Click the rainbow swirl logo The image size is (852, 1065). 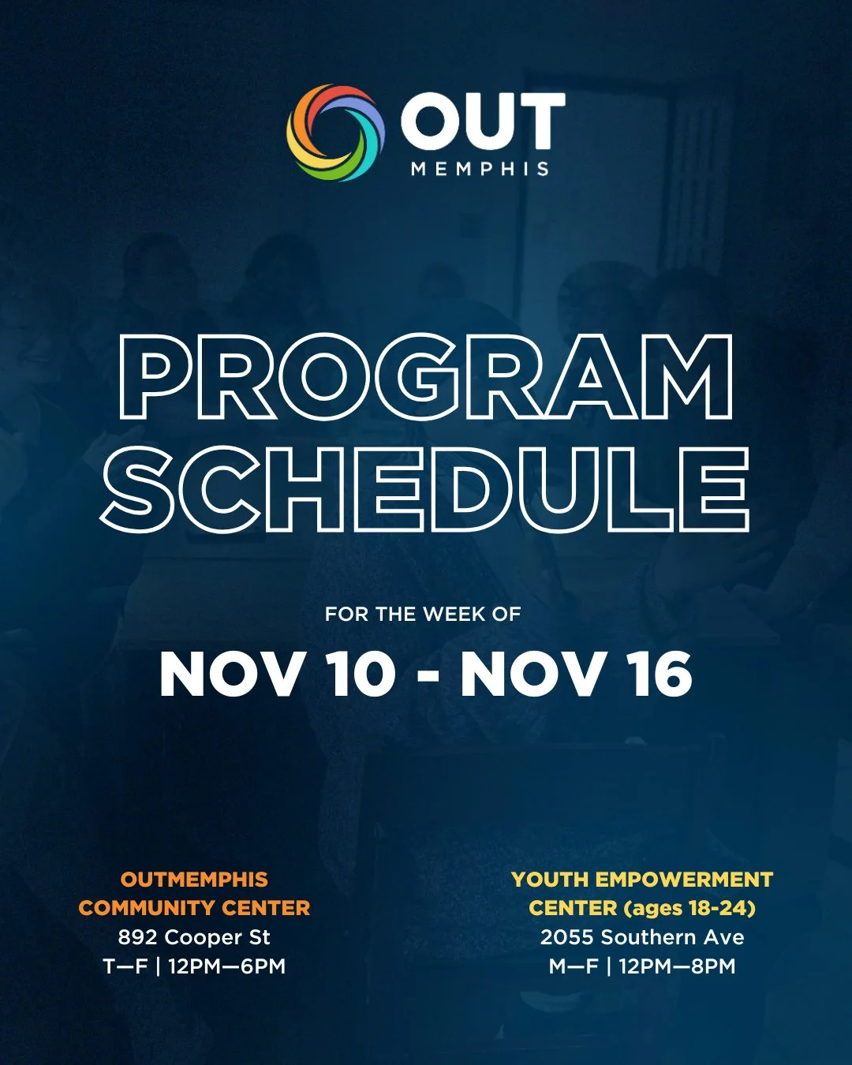coord(335,133)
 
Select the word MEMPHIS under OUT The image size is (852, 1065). coord(480,169)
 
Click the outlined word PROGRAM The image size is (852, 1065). coord(426,376)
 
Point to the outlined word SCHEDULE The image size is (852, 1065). coord(426,489)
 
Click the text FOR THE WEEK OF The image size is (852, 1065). coord(423,615)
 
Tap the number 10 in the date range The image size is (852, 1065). coord(361,675)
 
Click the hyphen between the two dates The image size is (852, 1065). coord(428,678)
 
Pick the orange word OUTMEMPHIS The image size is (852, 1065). coord(194,880)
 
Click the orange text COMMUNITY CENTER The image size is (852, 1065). coord(194,908)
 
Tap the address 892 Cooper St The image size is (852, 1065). coord(194,937)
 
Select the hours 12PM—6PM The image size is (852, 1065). coord(226,966)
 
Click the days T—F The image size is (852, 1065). coord(125,966)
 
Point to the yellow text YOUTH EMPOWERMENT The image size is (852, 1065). coord(642,880)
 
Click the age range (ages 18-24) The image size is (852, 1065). coord(689,908)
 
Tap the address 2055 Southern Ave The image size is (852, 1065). coord(642,937)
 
